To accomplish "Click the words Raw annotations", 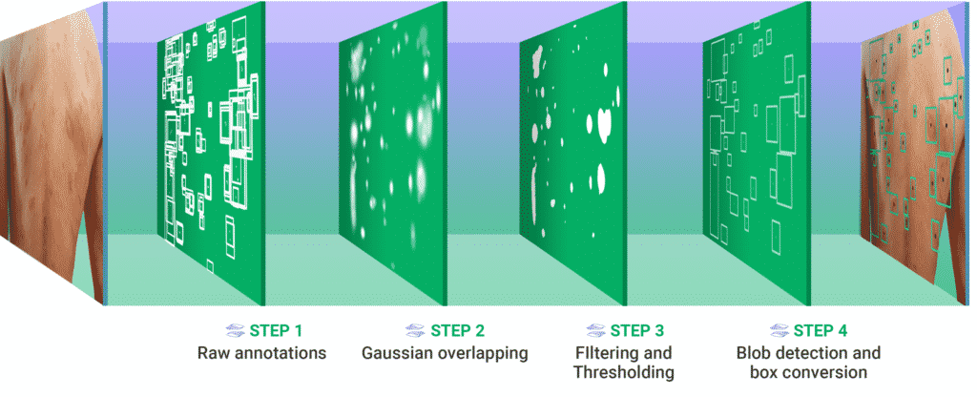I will tap(262, 353).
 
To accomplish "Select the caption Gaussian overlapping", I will tap(445, 353).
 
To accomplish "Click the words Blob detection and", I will tap(808, 353).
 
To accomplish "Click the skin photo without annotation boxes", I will tap(48, 143).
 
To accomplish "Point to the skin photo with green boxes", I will tap(916, 143).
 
